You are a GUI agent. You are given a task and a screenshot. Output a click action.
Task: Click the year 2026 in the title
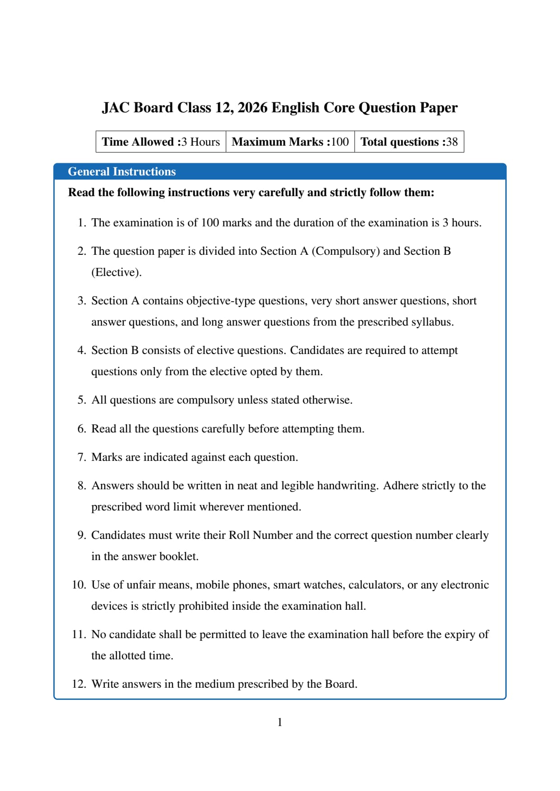(x=252, y=108)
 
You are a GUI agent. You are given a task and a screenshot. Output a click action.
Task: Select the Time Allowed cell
(x=161, y=142)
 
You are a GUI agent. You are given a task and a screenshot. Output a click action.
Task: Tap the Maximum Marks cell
(x=290, y=142)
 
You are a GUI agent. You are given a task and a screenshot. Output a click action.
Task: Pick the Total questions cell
(x=409, y=142)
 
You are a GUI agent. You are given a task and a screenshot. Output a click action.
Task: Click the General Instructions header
(x=121, y=171)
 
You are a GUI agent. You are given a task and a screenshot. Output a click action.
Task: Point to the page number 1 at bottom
(x=280, y=722)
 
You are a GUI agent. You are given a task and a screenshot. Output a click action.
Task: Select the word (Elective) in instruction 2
(x=116, y=272)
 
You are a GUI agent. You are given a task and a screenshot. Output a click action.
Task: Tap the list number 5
(x=81, y=400)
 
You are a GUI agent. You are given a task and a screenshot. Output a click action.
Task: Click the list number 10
(x=79, y=585)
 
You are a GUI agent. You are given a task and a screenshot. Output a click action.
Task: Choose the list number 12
(x=79, y=684)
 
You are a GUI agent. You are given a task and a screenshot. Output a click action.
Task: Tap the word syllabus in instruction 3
(x=432, y=322)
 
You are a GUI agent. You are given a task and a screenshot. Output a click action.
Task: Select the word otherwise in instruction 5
(x=327, y=400)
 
